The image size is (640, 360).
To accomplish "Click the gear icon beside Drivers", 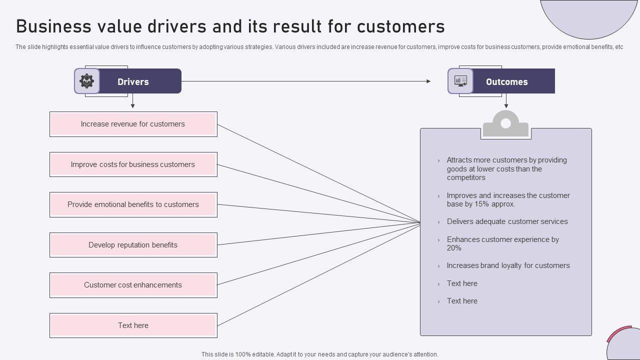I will pyautogui.click(x=87, y=81).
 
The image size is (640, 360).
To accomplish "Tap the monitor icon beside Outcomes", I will pyautogui.click(x=460, y=81).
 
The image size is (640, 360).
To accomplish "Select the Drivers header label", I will pyautogui.click(x=133, y=82).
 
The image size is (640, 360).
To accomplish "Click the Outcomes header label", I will pyautogui.click(x=506, y=82).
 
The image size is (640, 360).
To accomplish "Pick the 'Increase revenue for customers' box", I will pyautogui.click(x=133, y=124).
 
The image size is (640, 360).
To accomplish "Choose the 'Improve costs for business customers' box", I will pyautogui.click(x=133, y=164).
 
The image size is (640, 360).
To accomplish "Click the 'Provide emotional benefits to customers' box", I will pyautogui.click(x=133, y=204).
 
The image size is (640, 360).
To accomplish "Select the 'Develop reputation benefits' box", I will pyautogui.click(x=133, y=245).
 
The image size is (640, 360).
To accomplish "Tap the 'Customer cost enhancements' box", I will pyautogui.click(x=133, y=285).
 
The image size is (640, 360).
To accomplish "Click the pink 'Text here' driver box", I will pyautogui.click(x=133, y=325).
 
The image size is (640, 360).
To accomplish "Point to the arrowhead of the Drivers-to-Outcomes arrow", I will pyautogui.click(x=428, y=81).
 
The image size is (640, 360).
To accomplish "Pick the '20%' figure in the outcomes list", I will pyautogui.click(x=454, y=248).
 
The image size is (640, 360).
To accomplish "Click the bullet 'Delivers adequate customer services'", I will pyautogui.click(x=507, y=221).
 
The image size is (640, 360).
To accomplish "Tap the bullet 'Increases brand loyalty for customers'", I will pyautogui.click(x=508, y=265).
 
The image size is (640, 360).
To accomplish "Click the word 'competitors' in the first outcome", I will pyautogui.click(x=466, y=177).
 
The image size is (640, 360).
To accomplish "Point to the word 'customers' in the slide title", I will pyautogui.click(x=401, y=26).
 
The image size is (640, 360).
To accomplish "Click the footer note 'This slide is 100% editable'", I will pyautogui.click(x=319, y=354).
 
